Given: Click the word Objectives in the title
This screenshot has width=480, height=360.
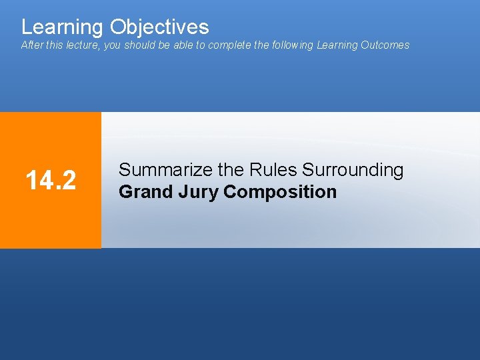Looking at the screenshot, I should (159, 27).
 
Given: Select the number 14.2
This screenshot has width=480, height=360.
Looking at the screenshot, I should (51, 180).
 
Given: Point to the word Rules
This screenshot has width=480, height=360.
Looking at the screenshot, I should (273, 170).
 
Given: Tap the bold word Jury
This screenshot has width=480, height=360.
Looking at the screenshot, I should (198, 192).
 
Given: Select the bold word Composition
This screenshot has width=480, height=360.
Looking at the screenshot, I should (280, 192).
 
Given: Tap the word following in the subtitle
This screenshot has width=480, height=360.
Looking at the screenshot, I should (292, 45).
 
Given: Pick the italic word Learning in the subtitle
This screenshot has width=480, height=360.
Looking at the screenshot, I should (337, 45).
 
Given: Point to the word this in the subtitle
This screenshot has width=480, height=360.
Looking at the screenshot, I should (56, 45).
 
